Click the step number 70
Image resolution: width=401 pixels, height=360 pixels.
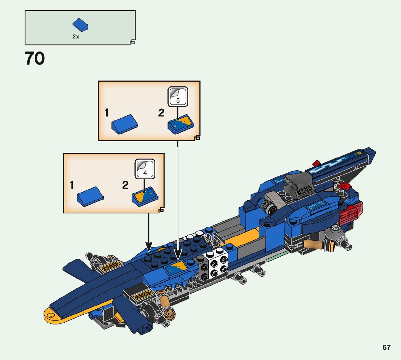click(x=35, y=59)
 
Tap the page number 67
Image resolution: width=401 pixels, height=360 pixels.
click(x=386, y=347)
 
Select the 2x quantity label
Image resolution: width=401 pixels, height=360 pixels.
click(x=75, y=37)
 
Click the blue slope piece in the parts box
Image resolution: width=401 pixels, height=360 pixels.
click(x=80, y=25)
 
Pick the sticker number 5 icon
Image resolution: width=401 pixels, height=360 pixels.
click(x=178, y=97)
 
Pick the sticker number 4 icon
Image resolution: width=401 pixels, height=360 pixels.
click(x=145, y=169)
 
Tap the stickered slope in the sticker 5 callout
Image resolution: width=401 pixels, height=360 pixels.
click(x=181, y=124)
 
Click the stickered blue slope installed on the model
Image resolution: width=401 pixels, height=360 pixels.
click(x=175, y=269)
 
